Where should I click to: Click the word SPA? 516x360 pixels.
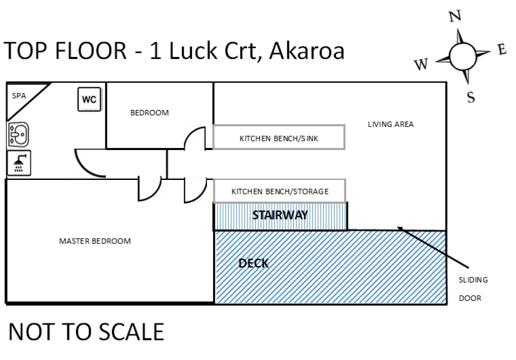tap(19, 96)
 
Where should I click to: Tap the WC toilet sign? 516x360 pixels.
tap(90, 100)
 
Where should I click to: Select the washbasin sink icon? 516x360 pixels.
tap(20, 134)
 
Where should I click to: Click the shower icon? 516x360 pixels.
tap(20, 163)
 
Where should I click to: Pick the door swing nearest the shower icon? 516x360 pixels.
tap(90, 162)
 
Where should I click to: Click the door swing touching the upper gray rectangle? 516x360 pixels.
tap(194, 137)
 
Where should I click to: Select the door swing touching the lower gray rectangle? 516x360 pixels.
tap(194, 189)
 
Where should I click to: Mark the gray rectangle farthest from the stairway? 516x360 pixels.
tap(280, 136)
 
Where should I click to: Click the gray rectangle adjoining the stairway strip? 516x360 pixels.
tap(280, 188)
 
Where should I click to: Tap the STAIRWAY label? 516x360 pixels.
tap(280, 215)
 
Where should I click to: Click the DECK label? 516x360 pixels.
tap(253, 264)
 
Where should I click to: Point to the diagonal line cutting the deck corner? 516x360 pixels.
tap(425, 242)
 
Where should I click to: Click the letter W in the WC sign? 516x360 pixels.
tap(86, 100)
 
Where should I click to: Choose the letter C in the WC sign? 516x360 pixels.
tap(94, 100)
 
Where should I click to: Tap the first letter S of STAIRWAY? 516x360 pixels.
tap(255, 215)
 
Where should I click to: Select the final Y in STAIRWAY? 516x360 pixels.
tap(304, 215)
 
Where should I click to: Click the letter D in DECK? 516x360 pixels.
tap(242, 264)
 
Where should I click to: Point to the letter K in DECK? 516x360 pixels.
tap(265, 264)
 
